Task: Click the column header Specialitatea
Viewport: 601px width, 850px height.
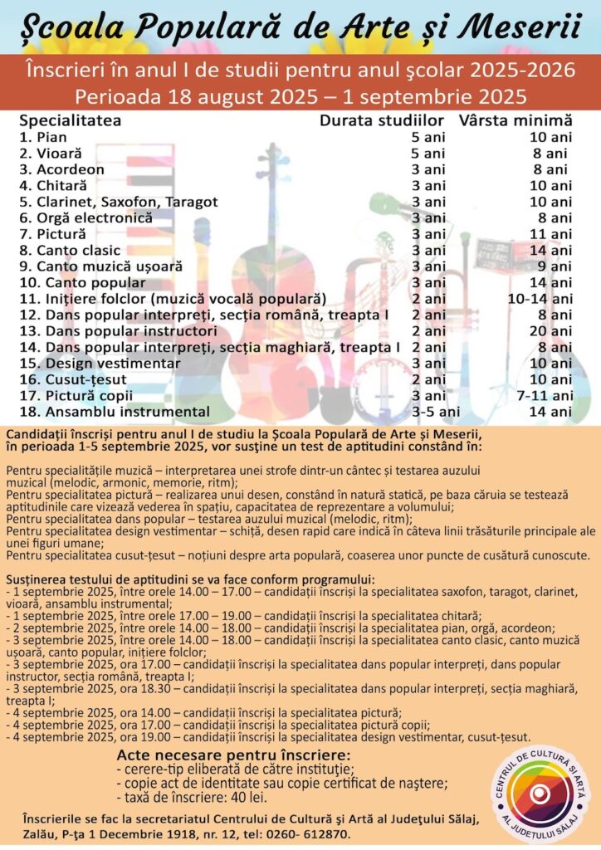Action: coord(71,120)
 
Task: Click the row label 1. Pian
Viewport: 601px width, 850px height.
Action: coord(43,137)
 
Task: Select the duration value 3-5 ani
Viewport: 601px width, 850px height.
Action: coord(437,412)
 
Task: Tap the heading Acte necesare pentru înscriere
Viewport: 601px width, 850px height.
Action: coord(233,755)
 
